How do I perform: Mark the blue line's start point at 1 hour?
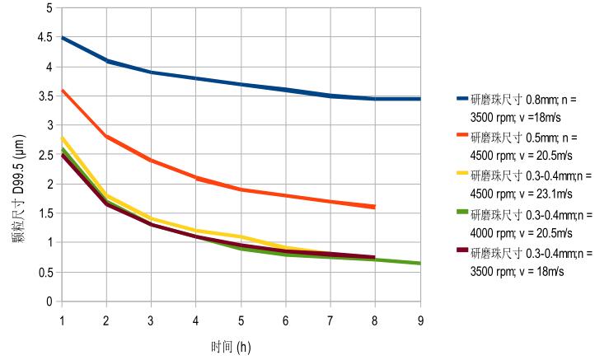click(x=62, y=38)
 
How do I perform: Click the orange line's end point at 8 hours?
click(x=375, y=207)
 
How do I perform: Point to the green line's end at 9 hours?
click(x=420, y=264)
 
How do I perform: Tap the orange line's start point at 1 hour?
click(x=62, y=91)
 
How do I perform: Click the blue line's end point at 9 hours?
click(x=420, y=99)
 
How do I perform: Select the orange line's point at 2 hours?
click(x=106, y=137)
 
